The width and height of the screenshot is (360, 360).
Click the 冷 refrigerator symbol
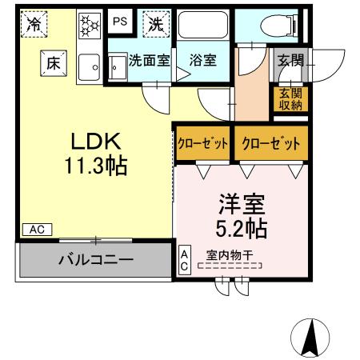[x=34, y=24]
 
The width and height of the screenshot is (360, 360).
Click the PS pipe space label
[x=119, y=22]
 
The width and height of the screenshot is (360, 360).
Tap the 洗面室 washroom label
[x=150, y=59]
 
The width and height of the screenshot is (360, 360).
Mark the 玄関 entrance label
[x=289, y=59]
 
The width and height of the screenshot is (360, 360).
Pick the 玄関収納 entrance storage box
[x=289, y=99]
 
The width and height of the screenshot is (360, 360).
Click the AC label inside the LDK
[x=37, y=230]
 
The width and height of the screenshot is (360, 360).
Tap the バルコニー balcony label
[x=95, y=259]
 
